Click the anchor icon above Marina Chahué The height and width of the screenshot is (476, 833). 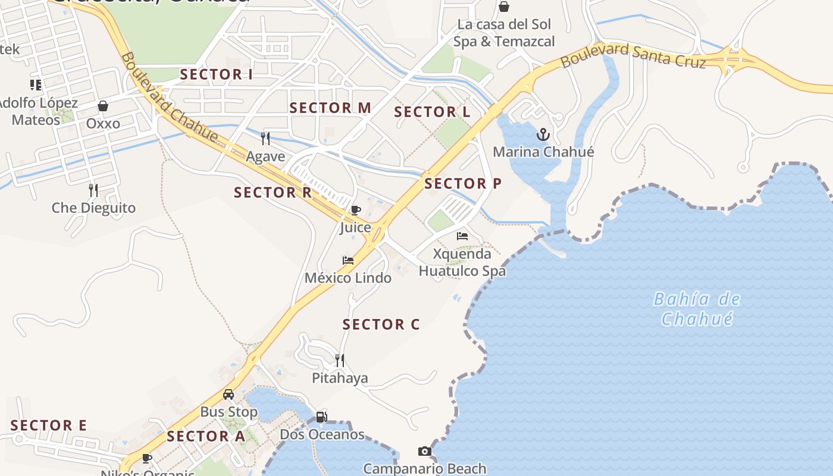[543, 134]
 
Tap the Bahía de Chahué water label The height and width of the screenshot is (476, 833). [696, 309]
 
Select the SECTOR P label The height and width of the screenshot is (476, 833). [463, 184]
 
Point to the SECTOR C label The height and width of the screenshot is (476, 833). [381, 325]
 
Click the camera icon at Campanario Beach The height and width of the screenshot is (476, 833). [424, 452]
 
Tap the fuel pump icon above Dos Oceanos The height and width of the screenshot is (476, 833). [321, 417]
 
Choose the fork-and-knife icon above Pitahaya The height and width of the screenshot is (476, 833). [340, 360]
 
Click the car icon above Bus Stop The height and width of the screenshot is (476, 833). [228, 394]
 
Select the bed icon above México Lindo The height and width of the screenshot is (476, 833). [348, 261]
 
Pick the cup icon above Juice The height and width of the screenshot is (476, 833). [355, 210]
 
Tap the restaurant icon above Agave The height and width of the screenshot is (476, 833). [265, 139]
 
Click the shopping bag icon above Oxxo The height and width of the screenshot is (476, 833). [103, 106]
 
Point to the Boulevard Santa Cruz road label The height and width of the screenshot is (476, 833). [633, 55]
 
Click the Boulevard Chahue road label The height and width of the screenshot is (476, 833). [169, 97]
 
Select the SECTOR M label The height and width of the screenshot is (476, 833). [330, 108]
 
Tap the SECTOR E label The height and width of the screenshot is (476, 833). [49, 426]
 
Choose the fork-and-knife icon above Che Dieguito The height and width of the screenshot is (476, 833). [93, 190]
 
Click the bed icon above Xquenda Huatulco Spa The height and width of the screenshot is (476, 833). [462, 236]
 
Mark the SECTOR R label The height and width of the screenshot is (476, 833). [273, 193]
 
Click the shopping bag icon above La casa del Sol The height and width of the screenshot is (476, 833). [504, 7]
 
